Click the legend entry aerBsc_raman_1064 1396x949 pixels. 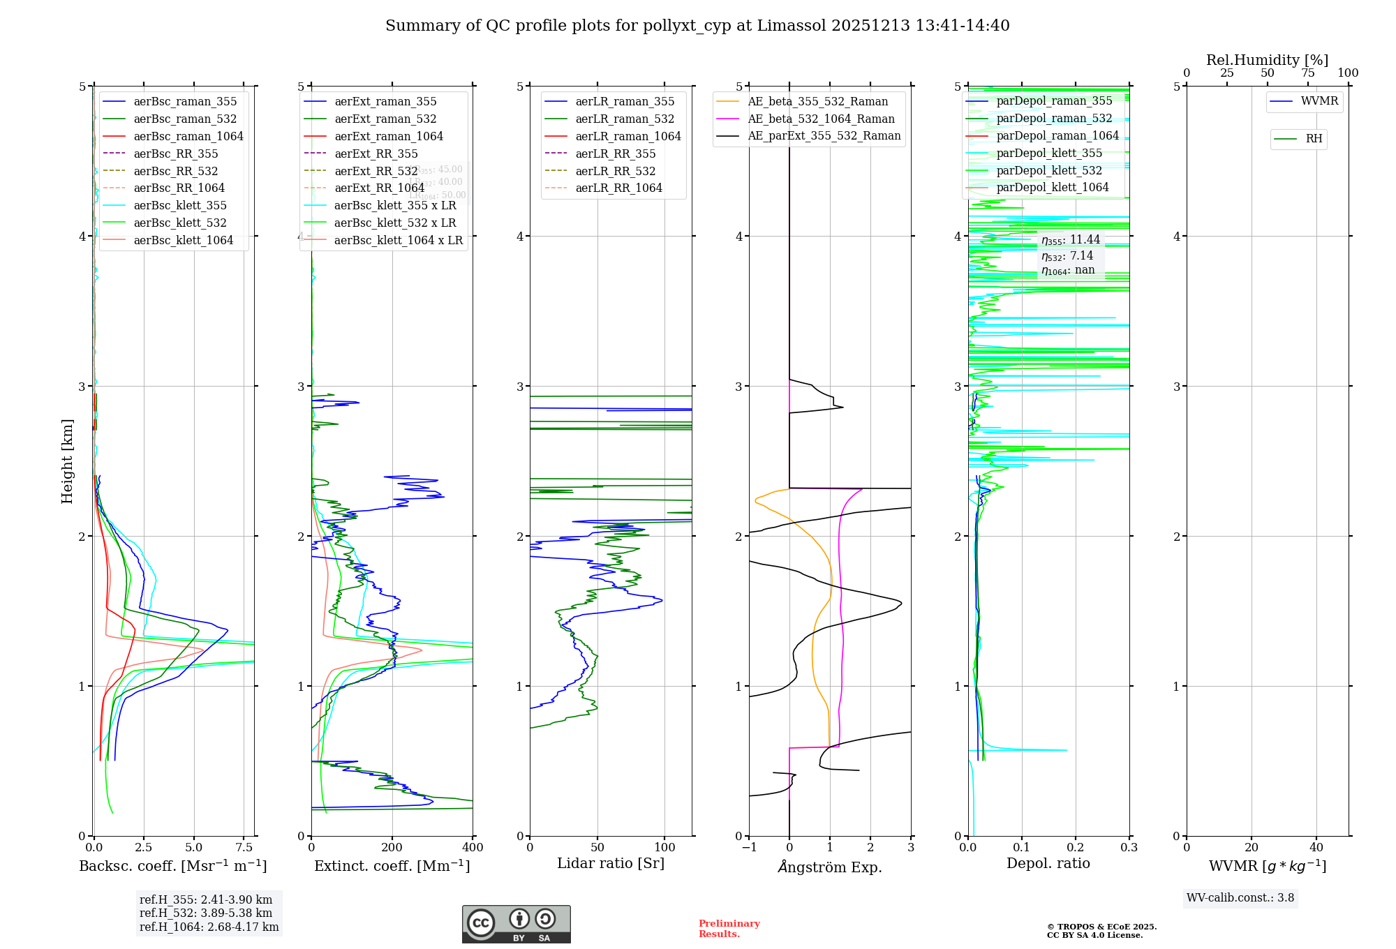[x=188, y=136]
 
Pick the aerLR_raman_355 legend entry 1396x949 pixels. [x=625, y=101]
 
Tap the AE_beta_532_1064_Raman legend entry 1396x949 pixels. [x=821, y=119]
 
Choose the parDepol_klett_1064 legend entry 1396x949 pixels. [x=1052, y=187]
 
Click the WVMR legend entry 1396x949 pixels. [x=1319, y=101]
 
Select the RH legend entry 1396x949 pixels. [x=1314, y=139]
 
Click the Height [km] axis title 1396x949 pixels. [x=67, y=461]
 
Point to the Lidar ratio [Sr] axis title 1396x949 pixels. [x=611, y=863]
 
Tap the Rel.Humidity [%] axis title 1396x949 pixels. [x=1267, y=60]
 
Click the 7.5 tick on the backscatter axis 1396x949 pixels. [x=244, y=848]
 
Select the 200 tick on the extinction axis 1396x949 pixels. [x=392, y=848]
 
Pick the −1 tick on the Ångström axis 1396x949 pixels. [x=749, y=848]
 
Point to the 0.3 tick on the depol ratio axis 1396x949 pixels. [x=1129, y=848]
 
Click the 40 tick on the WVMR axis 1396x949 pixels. [x=1316, y=848]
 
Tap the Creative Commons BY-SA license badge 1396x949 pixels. [x=516, y=924]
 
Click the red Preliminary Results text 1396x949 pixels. [x=729, y=929]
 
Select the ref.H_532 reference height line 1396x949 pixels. [x=206, y=913]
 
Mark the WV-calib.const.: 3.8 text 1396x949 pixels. [x=1240, y=898]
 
